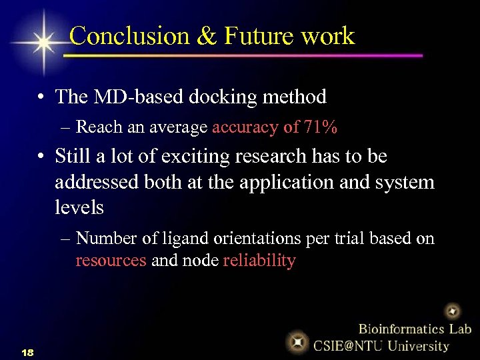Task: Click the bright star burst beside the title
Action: click(x=43, y=42)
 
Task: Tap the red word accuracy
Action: click(x=243, y=127)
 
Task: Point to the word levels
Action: click(x=79, y=207)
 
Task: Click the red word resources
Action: click(x=111, y=260)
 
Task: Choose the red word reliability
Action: click(x=259, y=260)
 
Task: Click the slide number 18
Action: click(x=27, y=351)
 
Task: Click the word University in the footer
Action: click(x=419, y=345)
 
